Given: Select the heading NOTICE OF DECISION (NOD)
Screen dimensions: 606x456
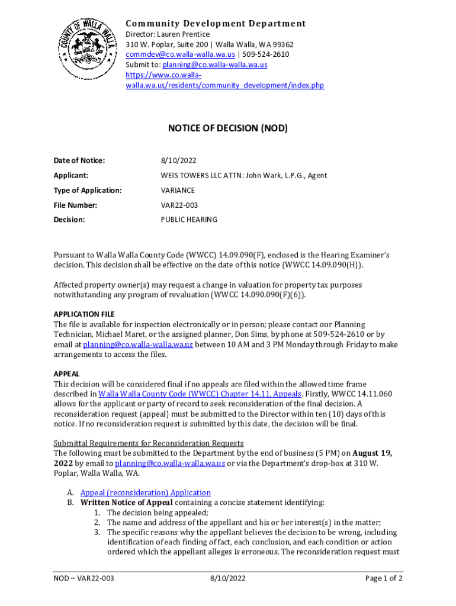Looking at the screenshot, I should click(x=227, y=128).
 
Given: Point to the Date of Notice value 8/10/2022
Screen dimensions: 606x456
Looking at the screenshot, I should click(x=178, y=160).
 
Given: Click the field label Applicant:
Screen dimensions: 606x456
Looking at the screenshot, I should click(x=71, y=175).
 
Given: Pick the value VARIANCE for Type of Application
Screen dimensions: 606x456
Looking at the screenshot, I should click(x=178, y=191).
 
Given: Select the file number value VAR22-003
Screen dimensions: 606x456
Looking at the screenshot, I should click(x=179, y=205).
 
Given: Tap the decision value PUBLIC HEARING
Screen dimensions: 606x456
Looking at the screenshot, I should click(x=189, y=220).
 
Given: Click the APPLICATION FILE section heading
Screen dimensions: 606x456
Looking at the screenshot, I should click(x=84, y=314).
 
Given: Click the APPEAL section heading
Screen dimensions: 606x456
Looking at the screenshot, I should click(x=66, y=374).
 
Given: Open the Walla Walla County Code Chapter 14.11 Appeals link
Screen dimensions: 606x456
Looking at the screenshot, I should click(x=200, y=394).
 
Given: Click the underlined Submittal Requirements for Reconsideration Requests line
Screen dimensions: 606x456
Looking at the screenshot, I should click(x=149, y=443).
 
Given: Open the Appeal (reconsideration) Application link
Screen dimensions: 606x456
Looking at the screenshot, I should click(x=146, y=492).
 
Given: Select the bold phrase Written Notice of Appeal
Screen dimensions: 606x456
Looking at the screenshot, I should click(x=127, y=502).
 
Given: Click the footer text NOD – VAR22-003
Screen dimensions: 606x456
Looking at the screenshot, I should click(x=84, y=578).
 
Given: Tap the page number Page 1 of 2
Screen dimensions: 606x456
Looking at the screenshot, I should click(x=384, y=578).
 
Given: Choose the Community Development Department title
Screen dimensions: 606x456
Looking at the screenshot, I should click(x=216, y=24).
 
